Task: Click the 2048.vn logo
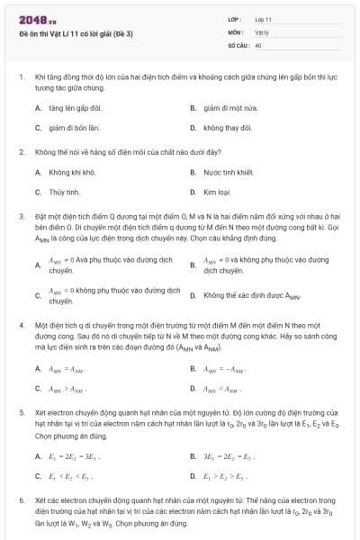tap(37, 20)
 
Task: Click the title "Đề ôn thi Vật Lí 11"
tap(76, 33)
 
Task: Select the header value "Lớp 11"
tap(263, 19)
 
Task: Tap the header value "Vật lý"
tap(262, 31)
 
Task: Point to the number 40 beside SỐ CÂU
tap(258, 44)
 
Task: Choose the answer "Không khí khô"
tap(72, 171)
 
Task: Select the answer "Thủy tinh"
tap(65, 192)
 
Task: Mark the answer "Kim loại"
tap(218, 192)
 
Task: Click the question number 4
tap(21, 323)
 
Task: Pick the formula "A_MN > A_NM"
tap(67, 389)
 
